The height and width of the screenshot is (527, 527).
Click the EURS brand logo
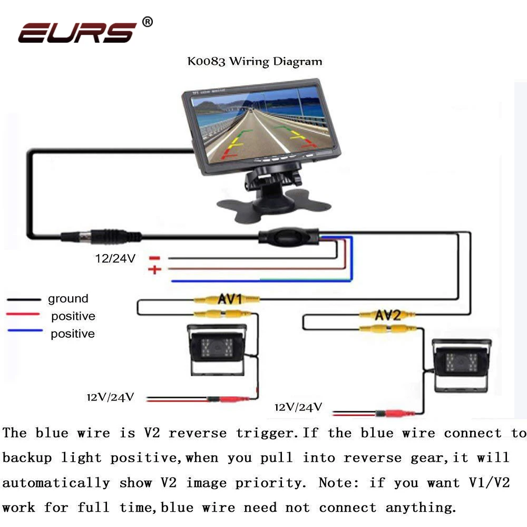(77, 33)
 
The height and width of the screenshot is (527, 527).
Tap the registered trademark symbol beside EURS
(147, 22)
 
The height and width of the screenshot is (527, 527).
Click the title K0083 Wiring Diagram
(255, 62)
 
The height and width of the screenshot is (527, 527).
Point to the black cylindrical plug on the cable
(101, 236)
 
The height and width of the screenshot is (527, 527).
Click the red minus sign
(154, 258)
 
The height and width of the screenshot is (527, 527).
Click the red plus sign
(154, 269)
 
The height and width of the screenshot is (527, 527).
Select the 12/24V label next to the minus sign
(115, 258)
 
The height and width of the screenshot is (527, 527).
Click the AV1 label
(230, 298)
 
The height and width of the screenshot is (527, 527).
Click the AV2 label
(387, 315)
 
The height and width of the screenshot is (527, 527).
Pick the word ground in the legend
(68, 298)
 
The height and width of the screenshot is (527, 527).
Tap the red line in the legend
(23, 314)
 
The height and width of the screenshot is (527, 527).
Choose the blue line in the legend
(25, 330)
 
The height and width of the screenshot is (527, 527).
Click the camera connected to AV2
(461, 365)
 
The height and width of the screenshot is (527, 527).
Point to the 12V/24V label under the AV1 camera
(110, 397)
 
